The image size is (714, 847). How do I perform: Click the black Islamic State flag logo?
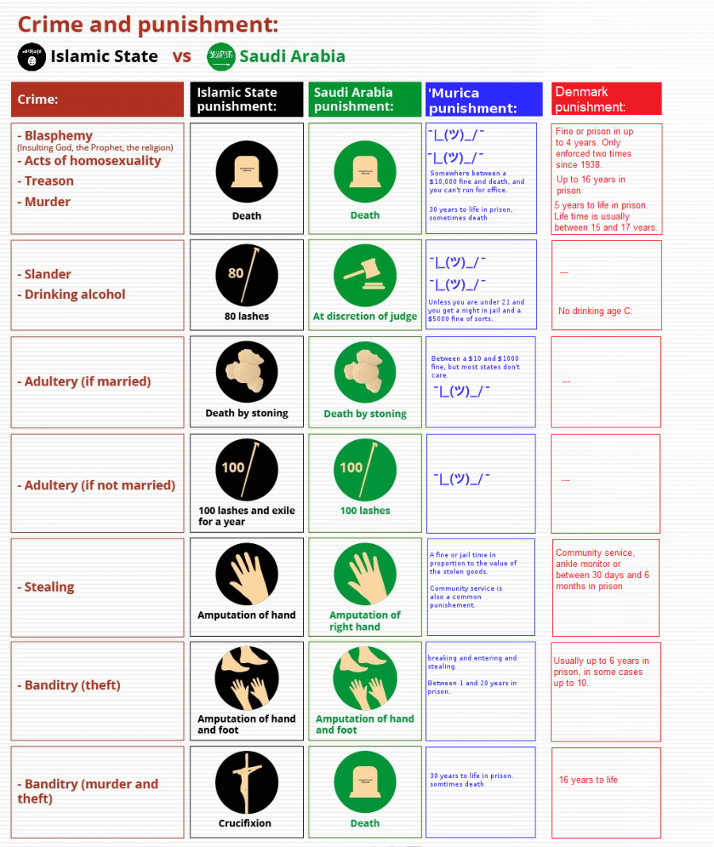click(x=32, y=56)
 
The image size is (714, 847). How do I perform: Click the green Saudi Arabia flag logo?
click(x=221, y=56)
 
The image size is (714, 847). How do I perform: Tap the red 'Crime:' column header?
click(x=98, y=100)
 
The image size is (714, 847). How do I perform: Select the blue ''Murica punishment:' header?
click(x=484, y=100)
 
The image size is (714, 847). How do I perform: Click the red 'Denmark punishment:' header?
click(x=606, y=99)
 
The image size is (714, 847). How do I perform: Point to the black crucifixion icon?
click(x=247, y=782)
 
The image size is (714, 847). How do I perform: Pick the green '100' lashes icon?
click(x=365, y=469)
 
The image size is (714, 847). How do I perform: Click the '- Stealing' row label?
click(x=46, y=587)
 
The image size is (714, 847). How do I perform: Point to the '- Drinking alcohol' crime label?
click(x=71, y=294)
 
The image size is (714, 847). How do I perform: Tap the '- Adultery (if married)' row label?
click(x=84, y=381)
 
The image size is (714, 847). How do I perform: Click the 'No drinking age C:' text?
click(x=595, y=311)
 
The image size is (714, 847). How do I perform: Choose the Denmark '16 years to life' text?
click(x=588, y=780)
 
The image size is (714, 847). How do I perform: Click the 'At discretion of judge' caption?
click(x=365, y=316)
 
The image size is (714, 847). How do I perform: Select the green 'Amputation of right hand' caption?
click(x=365, y=621)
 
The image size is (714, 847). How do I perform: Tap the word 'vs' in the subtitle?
click(x=182, y=56)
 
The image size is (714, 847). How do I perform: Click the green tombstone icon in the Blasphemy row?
click(x=365, y=171)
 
